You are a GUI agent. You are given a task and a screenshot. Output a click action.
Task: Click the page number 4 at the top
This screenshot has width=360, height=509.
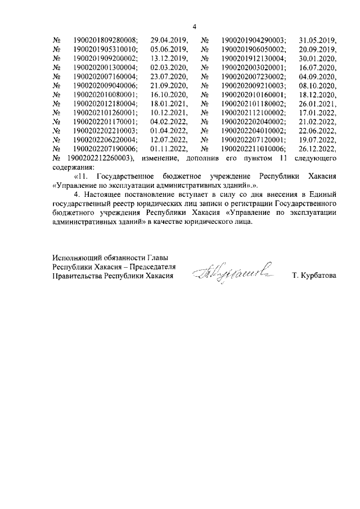click(194, 27)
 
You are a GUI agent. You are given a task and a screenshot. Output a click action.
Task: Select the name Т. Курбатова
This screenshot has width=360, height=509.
click(314, 276)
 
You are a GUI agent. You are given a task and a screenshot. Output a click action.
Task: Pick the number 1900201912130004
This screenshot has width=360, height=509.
click(254, 58)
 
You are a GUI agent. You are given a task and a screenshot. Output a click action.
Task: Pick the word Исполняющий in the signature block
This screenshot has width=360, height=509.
click(76, 258)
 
